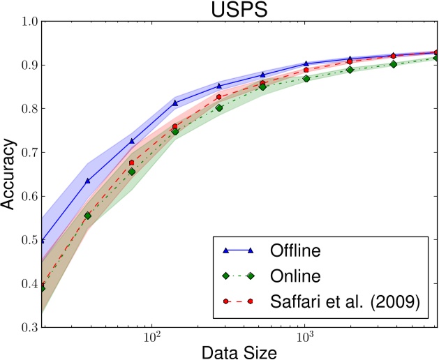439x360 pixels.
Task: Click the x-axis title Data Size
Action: click(241, 351)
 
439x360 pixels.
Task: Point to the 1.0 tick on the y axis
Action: click(29, 22)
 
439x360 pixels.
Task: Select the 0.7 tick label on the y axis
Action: click(29, 152)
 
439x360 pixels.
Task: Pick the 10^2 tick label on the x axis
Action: click(151, 337)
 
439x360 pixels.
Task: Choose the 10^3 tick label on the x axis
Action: click(305, 337)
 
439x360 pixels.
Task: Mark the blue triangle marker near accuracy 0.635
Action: click(87, 181)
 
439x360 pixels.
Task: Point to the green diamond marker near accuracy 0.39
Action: click(43, 288)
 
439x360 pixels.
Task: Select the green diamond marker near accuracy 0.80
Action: click(219, 108)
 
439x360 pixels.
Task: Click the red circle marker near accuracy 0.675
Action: click(131, 163)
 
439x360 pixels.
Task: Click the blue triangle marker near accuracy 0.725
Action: click(131, 141)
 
